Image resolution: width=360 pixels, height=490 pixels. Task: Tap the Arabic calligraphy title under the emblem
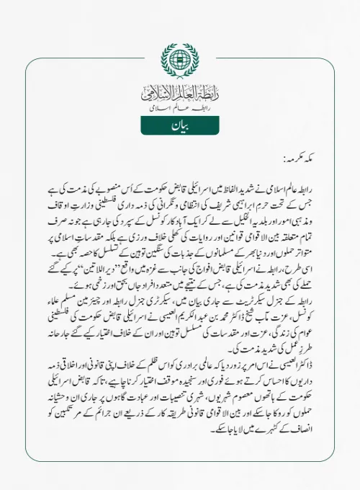180,92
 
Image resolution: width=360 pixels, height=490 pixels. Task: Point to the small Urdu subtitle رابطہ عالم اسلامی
180,107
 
